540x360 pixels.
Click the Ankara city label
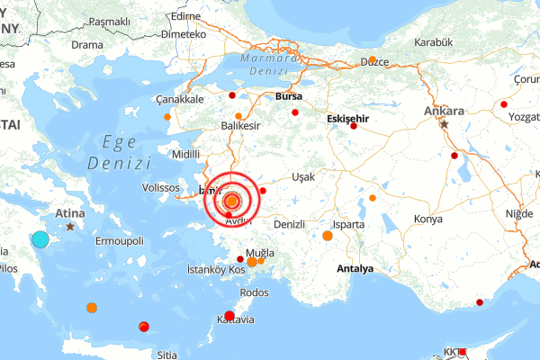tap(444, 112)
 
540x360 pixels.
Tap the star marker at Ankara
tap(444, 124)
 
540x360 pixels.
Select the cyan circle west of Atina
tap(40, 239)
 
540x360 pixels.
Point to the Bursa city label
tap(290, 95)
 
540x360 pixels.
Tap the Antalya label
tap(354, 269)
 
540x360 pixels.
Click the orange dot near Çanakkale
tap(167, 117)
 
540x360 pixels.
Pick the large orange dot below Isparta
tap(328, 236)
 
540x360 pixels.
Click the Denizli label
tap(289, 223)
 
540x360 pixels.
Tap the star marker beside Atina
tap(71, 226)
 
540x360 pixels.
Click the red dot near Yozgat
tap(503, 104)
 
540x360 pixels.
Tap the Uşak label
tap(301, 177)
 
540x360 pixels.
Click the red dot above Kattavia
tap(229, 315)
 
